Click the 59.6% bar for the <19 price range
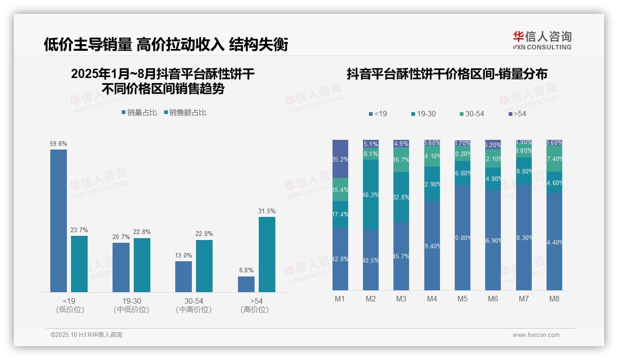tap(59, 221)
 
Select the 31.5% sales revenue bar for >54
tap(267, 254)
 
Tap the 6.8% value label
tap(246, 270)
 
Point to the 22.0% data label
tap(204, 234)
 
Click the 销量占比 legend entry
tap(139, 112)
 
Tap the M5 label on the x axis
tap(463, 299)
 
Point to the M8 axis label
tap(554, 299)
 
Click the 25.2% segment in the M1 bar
tap(340, 159)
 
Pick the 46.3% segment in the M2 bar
tap(371, 195)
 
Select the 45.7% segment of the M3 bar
tap(401, 256)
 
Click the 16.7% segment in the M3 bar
tap(401, 160)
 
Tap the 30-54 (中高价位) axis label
tap(194, 305)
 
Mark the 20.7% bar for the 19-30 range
tap(121, 267)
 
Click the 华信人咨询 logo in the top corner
tap(542, 40)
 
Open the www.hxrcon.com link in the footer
tap(536, 335)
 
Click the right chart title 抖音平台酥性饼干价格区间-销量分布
tap(447, 74)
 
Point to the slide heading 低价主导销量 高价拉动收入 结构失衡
tap(166, 44)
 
